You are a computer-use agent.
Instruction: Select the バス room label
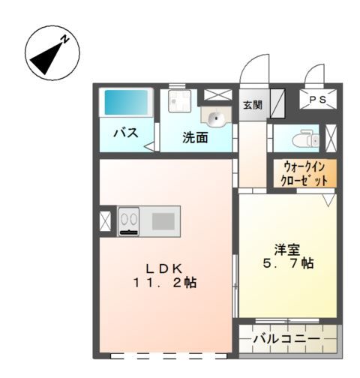[x=124, y=133]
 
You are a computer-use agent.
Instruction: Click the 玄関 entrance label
[x=252, y=105]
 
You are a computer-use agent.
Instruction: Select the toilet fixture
[x=304, y=139]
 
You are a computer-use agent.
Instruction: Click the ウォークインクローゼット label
[x=304, y=174]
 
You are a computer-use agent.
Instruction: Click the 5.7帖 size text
[x=288, y=264]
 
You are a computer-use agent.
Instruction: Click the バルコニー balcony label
[x=285, y=340]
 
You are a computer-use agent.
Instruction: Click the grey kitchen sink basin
[x=162, y=220]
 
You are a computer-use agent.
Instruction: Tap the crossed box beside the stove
[x=104, y=221]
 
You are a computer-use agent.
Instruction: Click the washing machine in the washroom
[x=180, y=100]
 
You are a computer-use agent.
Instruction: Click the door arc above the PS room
[x=314, y=75]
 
